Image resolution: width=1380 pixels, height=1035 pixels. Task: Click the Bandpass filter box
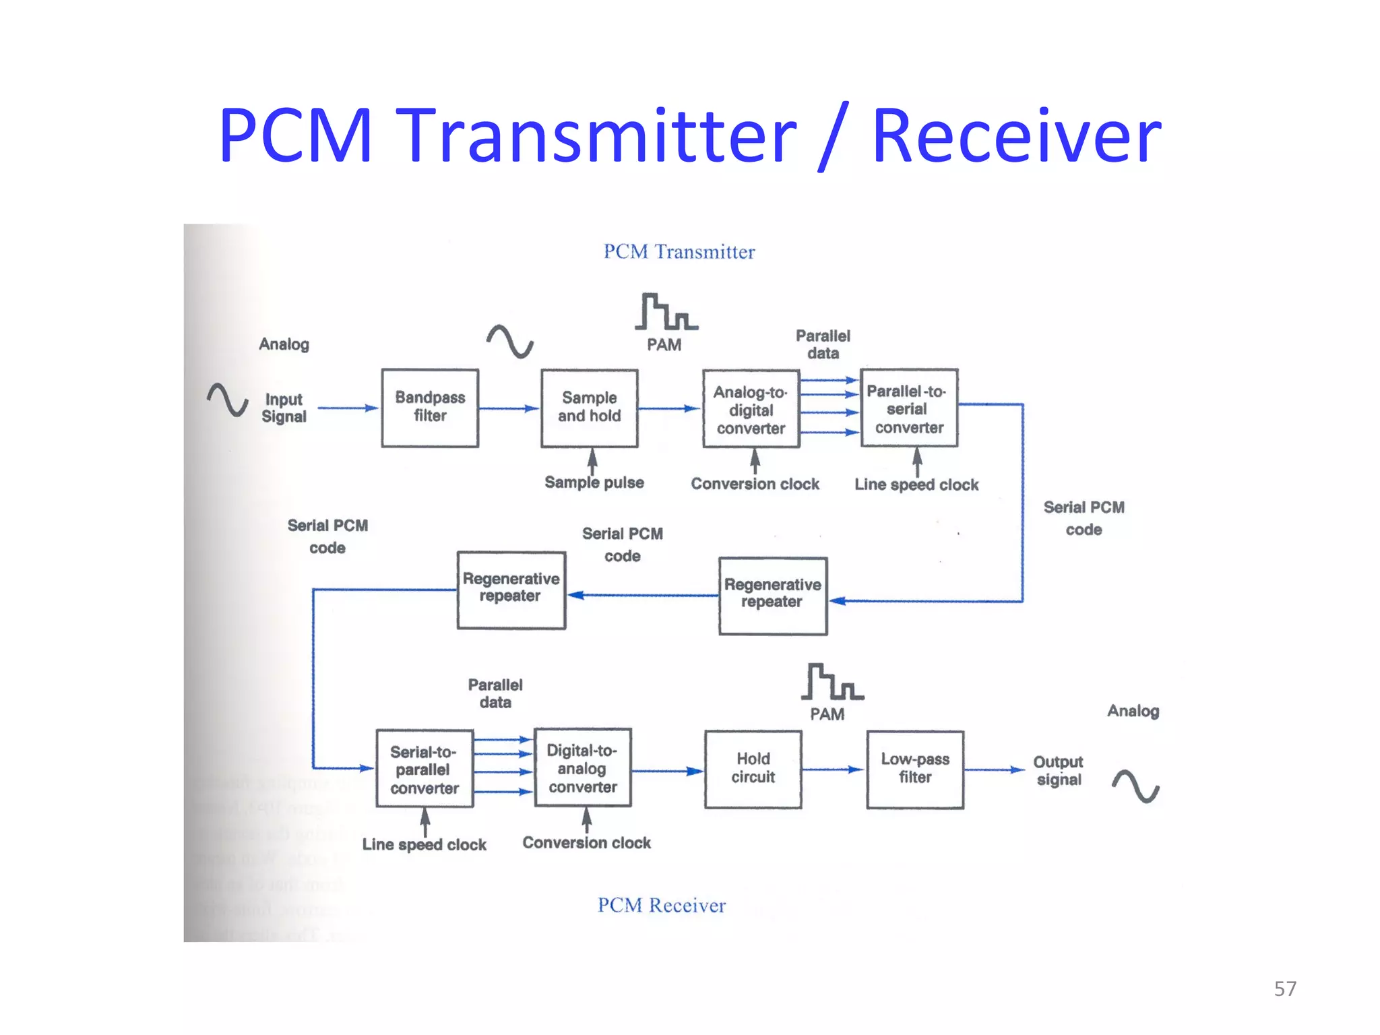pyautogui.click(x=430, y=408)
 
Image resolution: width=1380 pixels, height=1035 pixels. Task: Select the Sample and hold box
pyautogui.click(x=589, y=408)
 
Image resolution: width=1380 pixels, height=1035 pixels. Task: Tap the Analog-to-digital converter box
pyautogui.click(x=751, y=409)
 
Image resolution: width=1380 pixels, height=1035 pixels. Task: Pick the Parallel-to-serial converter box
pyautogui.click(x=908, y=408)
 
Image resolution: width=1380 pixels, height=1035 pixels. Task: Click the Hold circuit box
pyautogui.click(x=753, y=769)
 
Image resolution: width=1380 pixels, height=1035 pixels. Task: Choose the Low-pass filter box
pyautogui.click(x=914, y=769)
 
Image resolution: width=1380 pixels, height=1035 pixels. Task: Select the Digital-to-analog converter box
pyautogui.click(x=582, y=767)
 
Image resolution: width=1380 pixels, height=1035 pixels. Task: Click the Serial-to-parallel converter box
pyautogui.click(x=425, y=769)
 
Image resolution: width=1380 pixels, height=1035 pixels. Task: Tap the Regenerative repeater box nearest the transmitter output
pyautogui.click(x=772, y=595)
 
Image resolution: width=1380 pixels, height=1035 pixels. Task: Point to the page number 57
pyautogui.click(x=1284, y=989)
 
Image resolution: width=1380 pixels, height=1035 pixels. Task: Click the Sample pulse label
pyautogui.click(x=594, y=482)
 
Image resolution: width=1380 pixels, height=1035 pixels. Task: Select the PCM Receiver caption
pyautogui.click(x=661, y=905)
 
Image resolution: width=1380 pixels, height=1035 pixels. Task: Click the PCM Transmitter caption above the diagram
pyautogui.click(x=679, y=251)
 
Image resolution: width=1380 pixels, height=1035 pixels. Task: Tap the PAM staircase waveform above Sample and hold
pyautogui.click(x=665, y=312)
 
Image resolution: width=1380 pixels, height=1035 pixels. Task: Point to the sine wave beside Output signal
pyautogui.click(x=1135, y=786)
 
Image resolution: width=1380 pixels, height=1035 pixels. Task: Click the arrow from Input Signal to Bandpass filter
pyautogui.click(x=347, y=408)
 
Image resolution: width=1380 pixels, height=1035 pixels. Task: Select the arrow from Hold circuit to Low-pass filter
pyautogui.click(x=833, y=769)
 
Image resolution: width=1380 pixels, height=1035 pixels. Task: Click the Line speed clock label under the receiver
pyautogui.click(x=424, y=844)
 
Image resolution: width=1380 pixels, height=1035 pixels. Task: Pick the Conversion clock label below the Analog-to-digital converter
pyautogui.click(x=755, y=484)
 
